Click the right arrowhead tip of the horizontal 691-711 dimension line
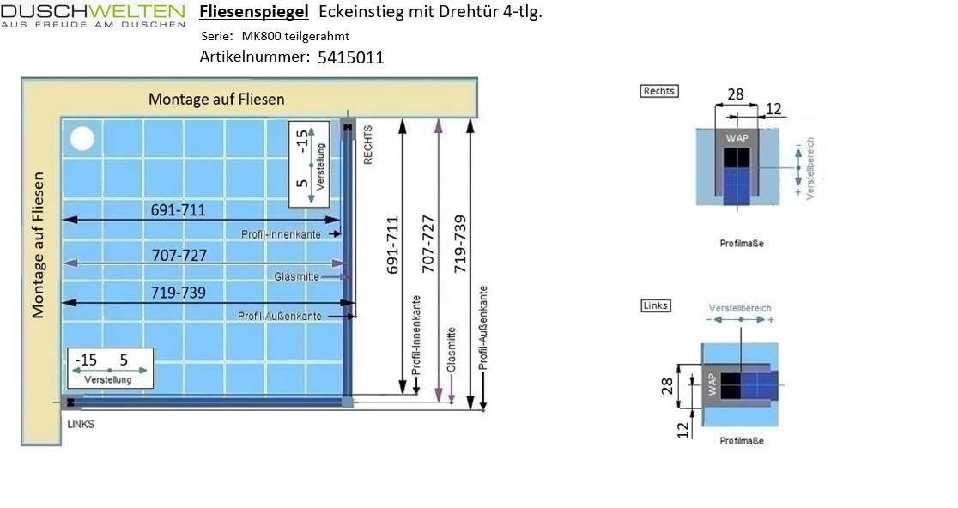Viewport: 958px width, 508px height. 340,219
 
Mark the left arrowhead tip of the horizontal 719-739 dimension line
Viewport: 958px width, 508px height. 62,302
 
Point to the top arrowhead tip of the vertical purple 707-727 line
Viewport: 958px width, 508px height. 438,119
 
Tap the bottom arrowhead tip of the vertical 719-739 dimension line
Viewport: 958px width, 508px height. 470,409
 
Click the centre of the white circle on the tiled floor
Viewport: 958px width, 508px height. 82,139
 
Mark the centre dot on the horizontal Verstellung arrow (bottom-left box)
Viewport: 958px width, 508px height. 109,370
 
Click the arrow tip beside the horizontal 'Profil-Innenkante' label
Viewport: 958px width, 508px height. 341,234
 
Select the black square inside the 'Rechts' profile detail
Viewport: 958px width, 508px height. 737,157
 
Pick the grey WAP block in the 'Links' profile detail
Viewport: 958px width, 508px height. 712,384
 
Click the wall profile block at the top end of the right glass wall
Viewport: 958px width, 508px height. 348,127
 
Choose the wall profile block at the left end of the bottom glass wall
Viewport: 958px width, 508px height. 71,402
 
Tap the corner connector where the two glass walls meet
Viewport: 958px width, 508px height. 347,402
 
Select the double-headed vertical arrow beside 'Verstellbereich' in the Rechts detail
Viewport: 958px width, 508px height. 798,166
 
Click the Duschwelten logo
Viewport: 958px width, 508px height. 93,15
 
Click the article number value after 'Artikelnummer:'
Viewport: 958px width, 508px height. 351,57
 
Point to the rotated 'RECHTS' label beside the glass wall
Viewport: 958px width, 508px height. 367,145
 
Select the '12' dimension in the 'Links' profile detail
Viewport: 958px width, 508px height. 683,431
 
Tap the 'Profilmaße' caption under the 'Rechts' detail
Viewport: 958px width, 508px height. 741,243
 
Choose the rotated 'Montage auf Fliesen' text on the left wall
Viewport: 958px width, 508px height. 38,245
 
